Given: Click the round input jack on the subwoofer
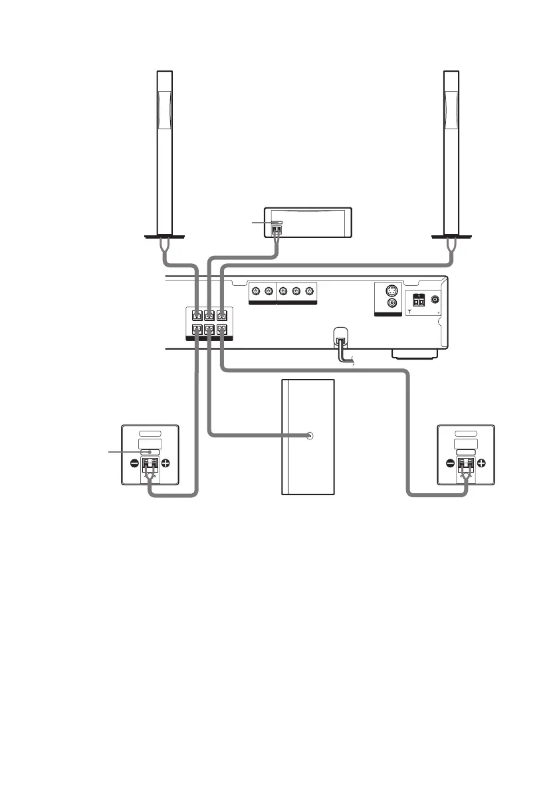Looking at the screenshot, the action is (310, 436).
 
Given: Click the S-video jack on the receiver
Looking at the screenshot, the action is (392, 290).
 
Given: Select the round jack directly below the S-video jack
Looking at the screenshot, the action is (392, 303).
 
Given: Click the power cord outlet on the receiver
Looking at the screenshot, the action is (340, 340).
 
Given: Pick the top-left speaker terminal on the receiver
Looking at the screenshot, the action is (196, 315).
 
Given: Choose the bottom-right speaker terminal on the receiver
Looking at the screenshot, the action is (222, 329).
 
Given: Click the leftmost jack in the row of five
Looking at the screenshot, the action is (255, 291).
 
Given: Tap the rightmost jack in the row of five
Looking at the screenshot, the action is (309, 291).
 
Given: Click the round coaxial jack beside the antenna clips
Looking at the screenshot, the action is (435, 300).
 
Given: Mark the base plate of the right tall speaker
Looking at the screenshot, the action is (451, 235).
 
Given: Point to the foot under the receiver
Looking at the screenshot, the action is (415, 354).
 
